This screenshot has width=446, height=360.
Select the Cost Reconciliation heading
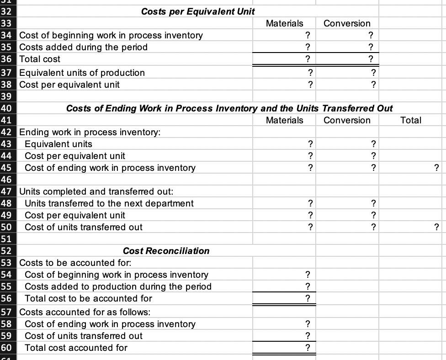pyautogui.click(x=166, y=251)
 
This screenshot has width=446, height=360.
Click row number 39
pyautogui.click(x=8, y=96)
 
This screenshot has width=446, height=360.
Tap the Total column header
pyautogui.click(x=410, y=120)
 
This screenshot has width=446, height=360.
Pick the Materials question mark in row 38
pyautogui.click(x=310, y=85)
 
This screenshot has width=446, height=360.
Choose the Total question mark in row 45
pyautogui.click(x=436, y=168)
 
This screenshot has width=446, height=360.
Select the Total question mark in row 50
pyautogui.click(x=436, y=227)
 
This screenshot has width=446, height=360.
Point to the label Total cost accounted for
pyautogui.click(x=76, y=348)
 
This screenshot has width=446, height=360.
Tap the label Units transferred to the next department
pyautogui.click(x=109, y=203)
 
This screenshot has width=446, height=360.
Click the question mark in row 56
pyautogui.click(x=308, y=298)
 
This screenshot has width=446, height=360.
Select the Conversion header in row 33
pyautogui.click(x=347, y=23)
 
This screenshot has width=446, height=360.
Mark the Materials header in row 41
pyautogui.click(x=284, y=120)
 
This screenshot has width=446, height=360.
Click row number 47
pyautogui.click(x=8, y=191)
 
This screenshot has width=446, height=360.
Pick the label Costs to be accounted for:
pyautogui.click(x=75, y=263)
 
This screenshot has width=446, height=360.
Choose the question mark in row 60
pyautogui.click(x=308, y=348)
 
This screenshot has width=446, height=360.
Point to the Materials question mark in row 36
pyautogui.click(x=308, y=59)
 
